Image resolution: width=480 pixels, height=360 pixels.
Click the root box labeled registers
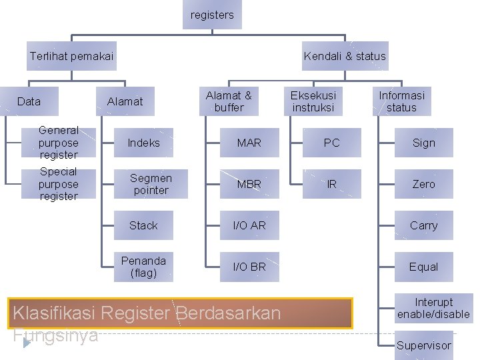tap(212, 15)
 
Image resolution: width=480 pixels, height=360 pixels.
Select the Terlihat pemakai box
tap(72, 56)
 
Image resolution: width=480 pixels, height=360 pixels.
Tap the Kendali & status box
tap(345, 56)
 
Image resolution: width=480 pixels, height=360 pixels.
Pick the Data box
tap(29, 101)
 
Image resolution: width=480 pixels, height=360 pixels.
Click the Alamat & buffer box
tap(229, 101)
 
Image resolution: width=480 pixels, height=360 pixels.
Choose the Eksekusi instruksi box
tap(313, 101)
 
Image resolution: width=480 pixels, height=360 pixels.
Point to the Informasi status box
tap(401, 101)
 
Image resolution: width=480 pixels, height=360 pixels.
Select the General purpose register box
tap(59, 143)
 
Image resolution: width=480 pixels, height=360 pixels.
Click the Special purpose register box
tap(59, 184)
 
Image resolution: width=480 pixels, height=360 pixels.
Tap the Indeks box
tap(144, 143)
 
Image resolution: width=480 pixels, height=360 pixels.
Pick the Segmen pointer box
tap(151, 184)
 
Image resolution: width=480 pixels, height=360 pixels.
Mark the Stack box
tap(144, 225)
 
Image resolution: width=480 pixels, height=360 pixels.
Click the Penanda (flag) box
tap(144, 267)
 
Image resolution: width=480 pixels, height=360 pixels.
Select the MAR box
tap(249, 143)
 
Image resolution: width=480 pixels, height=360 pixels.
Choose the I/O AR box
tap(249, 225)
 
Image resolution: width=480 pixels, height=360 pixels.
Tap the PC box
tap(331, 143)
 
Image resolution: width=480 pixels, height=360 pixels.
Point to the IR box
tap(331, 184)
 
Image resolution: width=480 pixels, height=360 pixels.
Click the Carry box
tap(423, 225)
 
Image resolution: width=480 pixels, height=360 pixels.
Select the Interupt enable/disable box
tap(433, 308)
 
